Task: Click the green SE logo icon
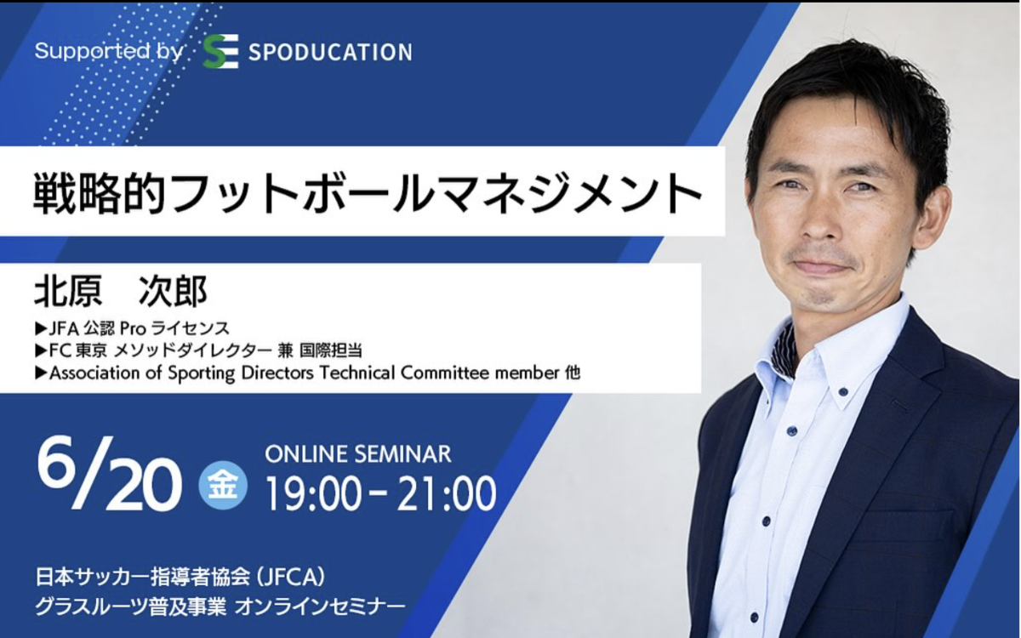point(220,52)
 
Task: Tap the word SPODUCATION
point(330,52)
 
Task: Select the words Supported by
point(109,52)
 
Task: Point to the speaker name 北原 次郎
point(121,291)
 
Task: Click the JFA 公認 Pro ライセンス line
point(132,328)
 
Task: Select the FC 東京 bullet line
point(198,350)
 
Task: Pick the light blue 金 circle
point(223,485)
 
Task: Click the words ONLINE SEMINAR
point(358,455)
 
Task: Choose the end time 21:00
point(446,494)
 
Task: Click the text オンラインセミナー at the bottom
point(320,606)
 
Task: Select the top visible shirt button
point(842,391)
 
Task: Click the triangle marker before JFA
point(41,328)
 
